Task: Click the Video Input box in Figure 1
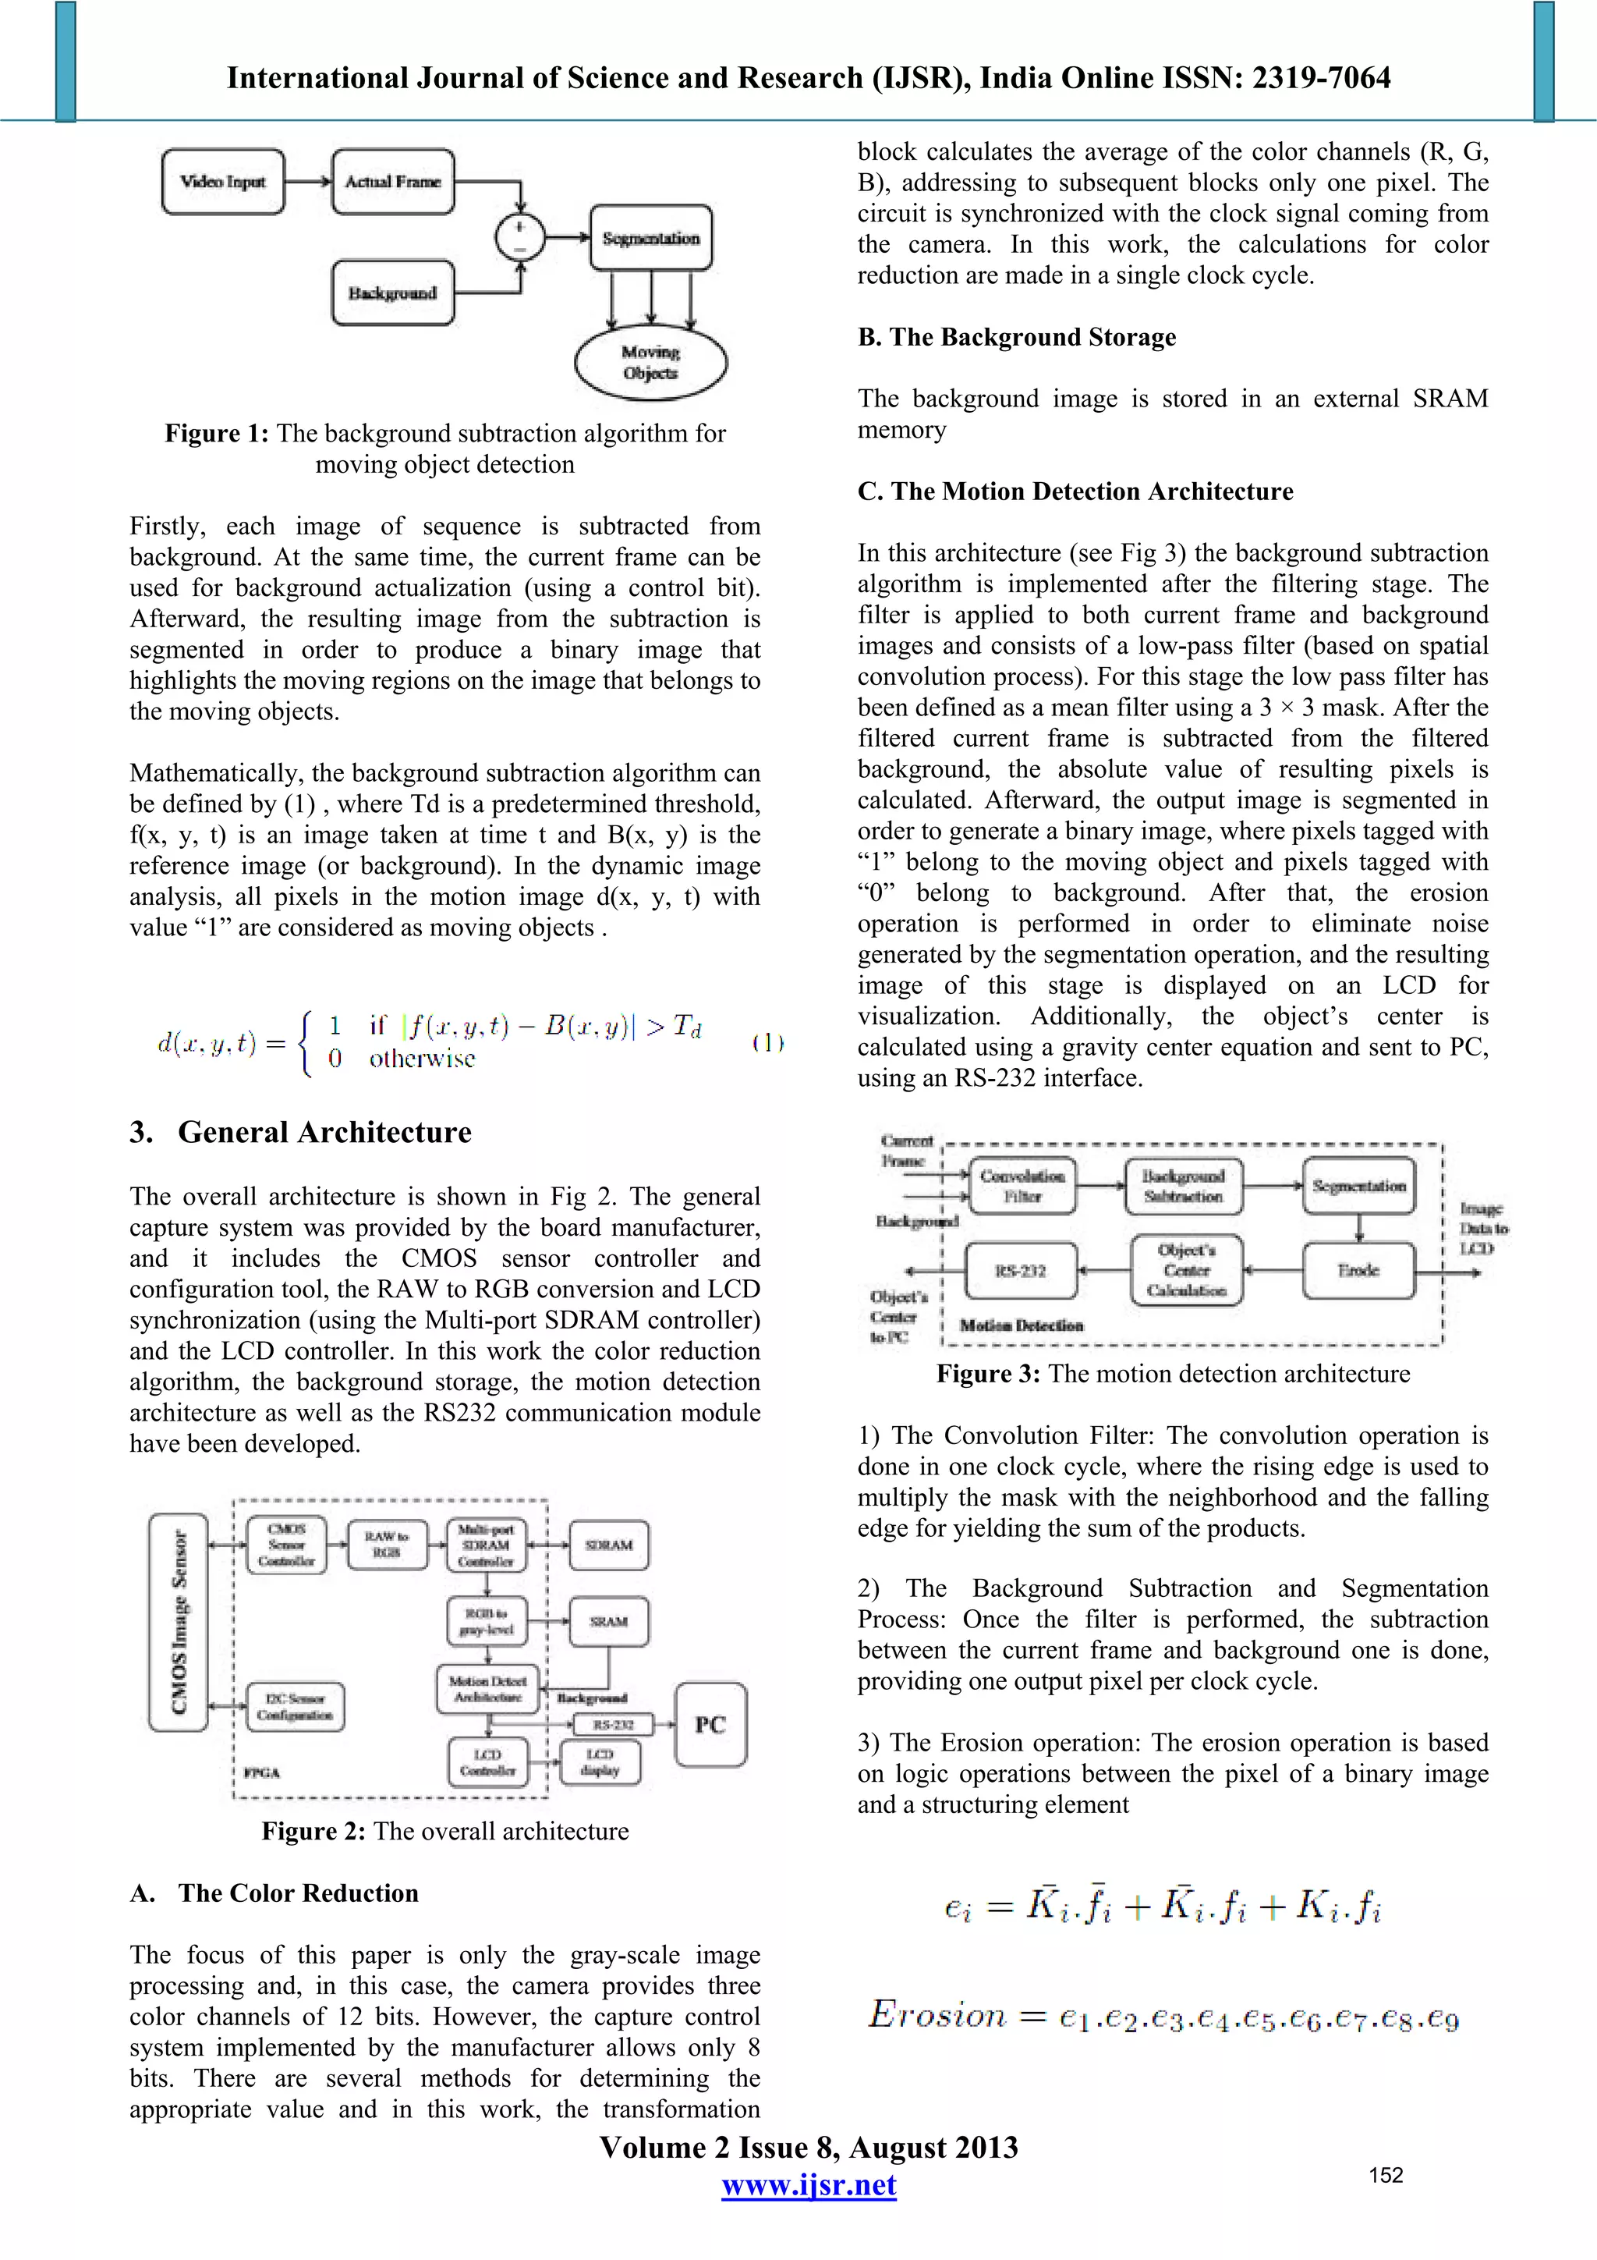click(x=222, y=182)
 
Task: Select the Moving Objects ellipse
click(x=650, y=362)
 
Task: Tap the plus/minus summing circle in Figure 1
click(x=519, y=237)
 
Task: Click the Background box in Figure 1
click(x=392, y=293)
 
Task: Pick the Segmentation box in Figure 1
click(x=650, y=238)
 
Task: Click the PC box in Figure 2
click(x=710, y=1725)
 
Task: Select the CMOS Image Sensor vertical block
click(x=178, y=1622)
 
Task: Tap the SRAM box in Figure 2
click(x=609, y=1621)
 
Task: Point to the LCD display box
click(x=600, y=1762)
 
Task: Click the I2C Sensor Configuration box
click(x=294, y=1706)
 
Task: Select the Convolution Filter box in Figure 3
click(x=1022, y=1186)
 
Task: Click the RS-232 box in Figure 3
click(x=1021, y=1271)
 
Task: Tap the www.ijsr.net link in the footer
click(x=808, y=2185)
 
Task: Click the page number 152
click(x=1386, y=2175)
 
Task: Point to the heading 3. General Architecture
click(x=301, y=1132)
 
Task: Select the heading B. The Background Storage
click(x=1017, y=337)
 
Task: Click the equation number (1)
click(x=767, y=1042)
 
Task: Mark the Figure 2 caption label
click(x=313, y=1831)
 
